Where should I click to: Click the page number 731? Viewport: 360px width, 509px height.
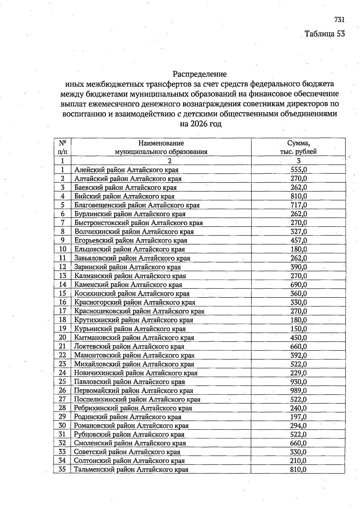pos(339,20)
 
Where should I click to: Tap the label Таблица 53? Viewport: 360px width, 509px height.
pos(325,34)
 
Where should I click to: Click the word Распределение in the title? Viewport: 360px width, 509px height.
pos(199,74)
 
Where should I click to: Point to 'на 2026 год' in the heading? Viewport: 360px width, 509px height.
pos(200,124)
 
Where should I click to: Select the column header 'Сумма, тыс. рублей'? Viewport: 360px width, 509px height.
pos(298,147)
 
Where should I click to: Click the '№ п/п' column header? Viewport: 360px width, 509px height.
pos(62,147)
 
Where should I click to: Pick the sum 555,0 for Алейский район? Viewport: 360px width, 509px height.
pos(298,170)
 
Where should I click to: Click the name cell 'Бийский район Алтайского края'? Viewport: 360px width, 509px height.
pos(124,196)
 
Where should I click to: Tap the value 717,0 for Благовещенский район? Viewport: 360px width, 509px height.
pos(298,205)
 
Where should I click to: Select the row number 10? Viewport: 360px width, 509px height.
pos(62,249)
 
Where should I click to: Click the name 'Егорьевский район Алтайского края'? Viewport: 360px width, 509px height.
pos(130,240)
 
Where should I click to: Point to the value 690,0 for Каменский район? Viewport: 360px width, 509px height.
pos(298,285)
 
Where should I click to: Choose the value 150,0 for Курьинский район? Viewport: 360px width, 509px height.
pos(298,329)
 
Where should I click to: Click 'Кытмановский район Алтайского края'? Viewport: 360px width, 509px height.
pos(134,338)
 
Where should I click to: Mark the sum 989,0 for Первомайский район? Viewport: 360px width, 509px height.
pos(298,390)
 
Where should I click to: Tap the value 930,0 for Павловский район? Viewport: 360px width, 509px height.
pos(298,382)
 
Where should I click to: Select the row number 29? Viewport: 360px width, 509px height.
pos(62,417)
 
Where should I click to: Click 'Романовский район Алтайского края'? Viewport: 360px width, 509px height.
pos(131,426)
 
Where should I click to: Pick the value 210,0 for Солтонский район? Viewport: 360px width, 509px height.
pos(298,461)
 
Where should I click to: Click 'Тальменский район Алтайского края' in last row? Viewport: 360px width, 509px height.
pos(131,470)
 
